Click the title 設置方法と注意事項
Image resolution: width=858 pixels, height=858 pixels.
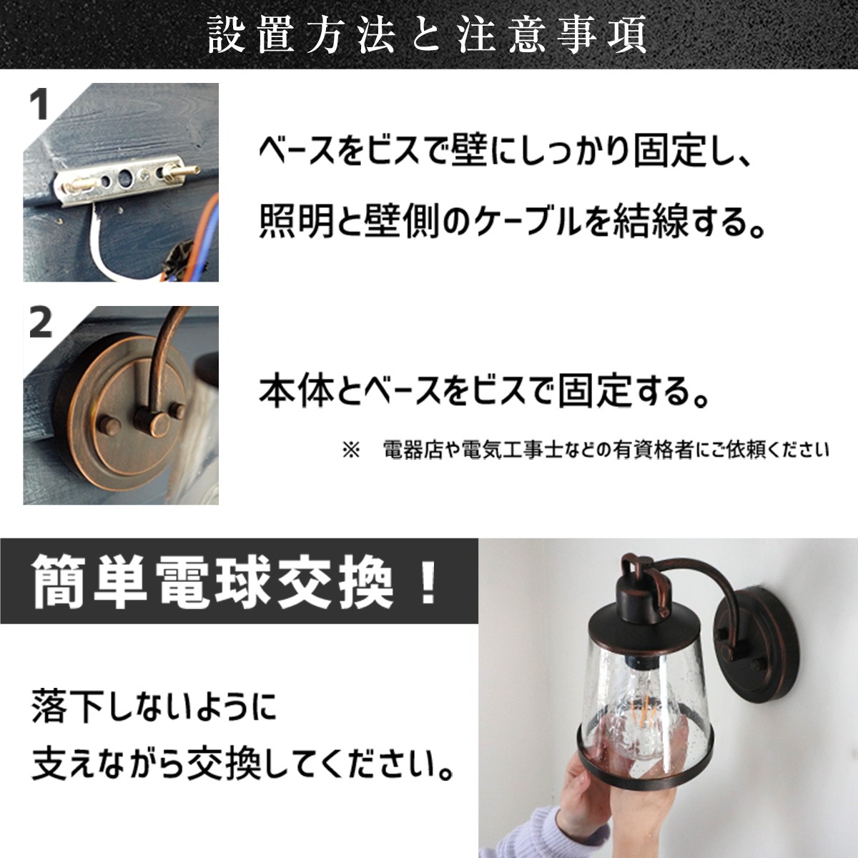coord(428,35)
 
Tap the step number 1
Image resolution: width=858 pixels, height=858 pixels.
coord(39,105)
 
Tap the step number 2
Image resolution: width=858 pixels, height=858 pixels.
coord(41,323)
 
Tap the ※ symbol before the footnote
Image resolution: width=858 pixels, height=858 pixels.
coord(351,450)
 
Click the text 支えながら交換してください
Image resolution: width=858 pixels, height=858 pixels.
coord(243,766)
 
